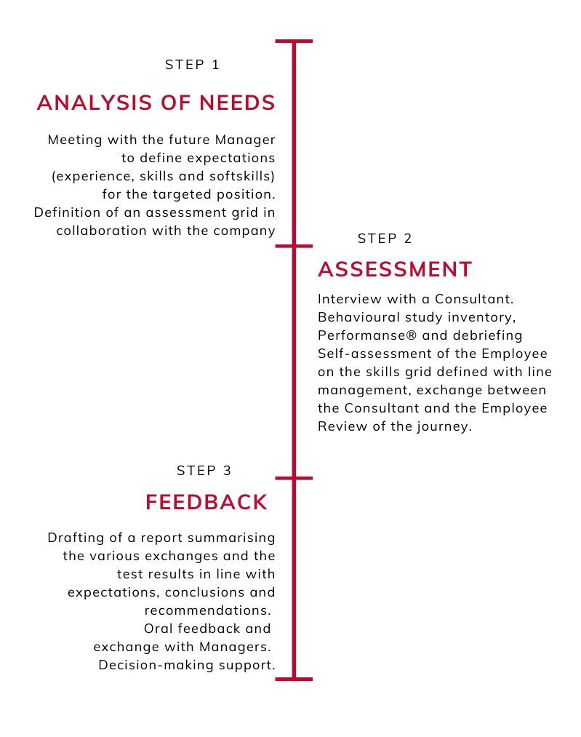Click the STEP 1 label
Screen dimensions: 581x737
[x=192, y=65]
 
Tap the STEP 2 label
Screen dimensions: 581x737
[x=385, y=239]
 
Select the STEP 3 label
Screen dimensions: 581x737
[x=204, y=471]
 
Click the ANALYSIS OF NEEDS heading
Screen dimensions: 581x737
[x=156, y=103]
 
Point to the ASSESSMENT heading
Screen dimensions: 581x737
[x=395, y=269]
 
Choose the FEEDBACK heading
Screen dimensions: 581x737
[x=207, y=502]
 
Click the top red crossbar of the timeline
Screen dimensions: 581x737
[x=294, y=41]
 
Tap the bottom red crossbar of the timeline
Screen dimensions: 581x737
[x=294, y=679]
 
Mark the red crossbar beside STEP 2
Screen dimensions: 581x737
[x=294, y=246]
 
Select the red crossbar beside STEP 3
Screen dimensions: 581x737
[x=294, y=478]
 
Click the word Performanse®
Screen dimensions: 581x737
[x=367, y=335]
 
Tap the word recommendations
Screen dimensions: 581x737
[x=207, y=610]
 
